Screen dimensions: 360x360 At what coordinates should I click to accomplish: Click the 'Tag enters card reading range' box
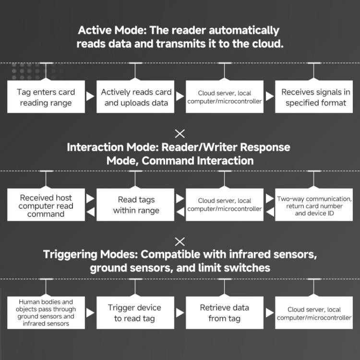(x=46, y=97)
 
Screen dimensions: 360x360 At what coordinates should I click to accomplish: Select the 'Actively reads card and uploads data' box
(x=136, y=97)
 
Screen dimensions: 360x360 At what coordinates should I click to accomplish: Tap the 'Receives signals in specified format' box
(x=315, y=97)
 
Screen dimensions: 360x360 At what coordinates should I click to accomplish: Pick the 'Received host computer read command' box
(x=46, y=205)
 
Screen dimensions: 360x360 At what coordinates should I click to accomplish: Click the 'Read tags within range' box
(x=136, y=205)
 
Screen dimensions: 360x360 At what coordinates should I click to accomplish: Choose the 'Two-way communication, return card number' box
(x=315, y=205)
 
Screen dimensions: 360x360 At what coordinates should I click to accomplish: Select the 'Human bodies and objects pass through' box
(x=46, y=313)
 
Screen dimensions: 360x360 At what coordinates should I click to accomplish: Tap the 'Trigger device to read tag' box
(x=136, y=313)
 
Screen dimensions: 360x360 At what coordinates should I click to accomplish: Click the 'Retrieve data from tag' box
(x=225, y=313)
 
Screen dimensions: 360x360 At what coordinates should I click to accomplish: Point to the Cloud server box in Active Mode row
(x=225, y=97)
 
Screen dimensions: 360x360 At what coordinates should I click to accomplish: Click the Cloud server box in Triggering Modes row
(x=315, y=313)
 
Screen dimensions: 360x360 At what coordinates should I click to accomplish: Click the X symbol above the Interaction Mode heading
(x=180, y=133)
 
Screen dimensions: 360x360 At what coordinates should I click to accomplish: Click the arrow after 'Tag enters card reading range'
(x=90, y=97)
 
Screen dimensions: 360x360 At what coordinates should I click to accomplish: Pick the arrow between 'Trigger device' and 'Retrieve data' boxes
(x=180, y=313)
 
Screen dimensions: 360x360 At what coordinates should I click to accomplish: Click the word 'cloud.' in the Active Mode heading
(x=266, y=44)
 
